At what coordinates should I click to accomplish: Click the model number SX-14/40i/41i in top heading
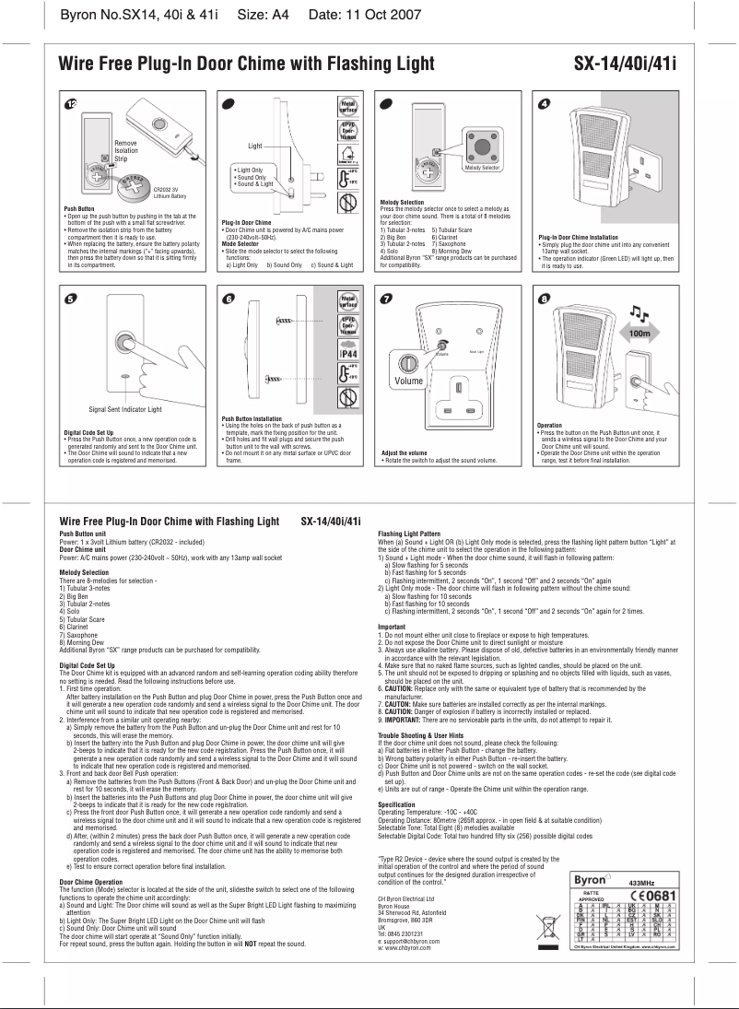[625, 64]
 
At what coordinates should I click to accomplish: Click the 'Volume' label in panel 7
[408, 380]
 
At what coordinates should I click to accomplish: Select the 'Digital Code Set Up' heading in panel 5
[89, 431]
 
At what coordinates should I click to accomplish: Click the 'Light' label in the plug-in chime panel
[256, 146]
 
